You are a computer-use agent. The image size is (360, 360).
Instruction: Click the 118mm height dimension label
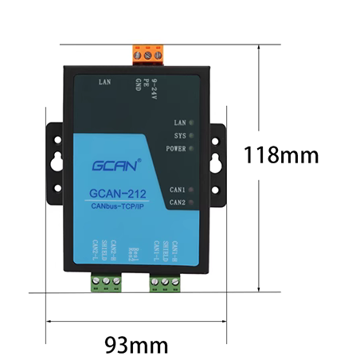tap(280, 154)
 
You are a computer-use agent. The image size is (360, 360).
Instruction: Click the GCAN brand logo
tap(117, 166)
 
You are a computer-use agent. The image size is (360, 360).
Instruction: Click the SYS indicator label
tap(180, 136)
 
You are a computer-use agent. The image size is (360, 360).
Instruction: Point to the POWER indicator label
tap(176, 149)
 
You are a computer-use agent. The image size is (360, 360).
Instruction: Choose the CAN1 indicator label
tap(178, 190)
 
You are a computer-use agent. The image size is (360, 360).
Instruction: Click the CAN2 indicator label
tap(178, 202)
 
